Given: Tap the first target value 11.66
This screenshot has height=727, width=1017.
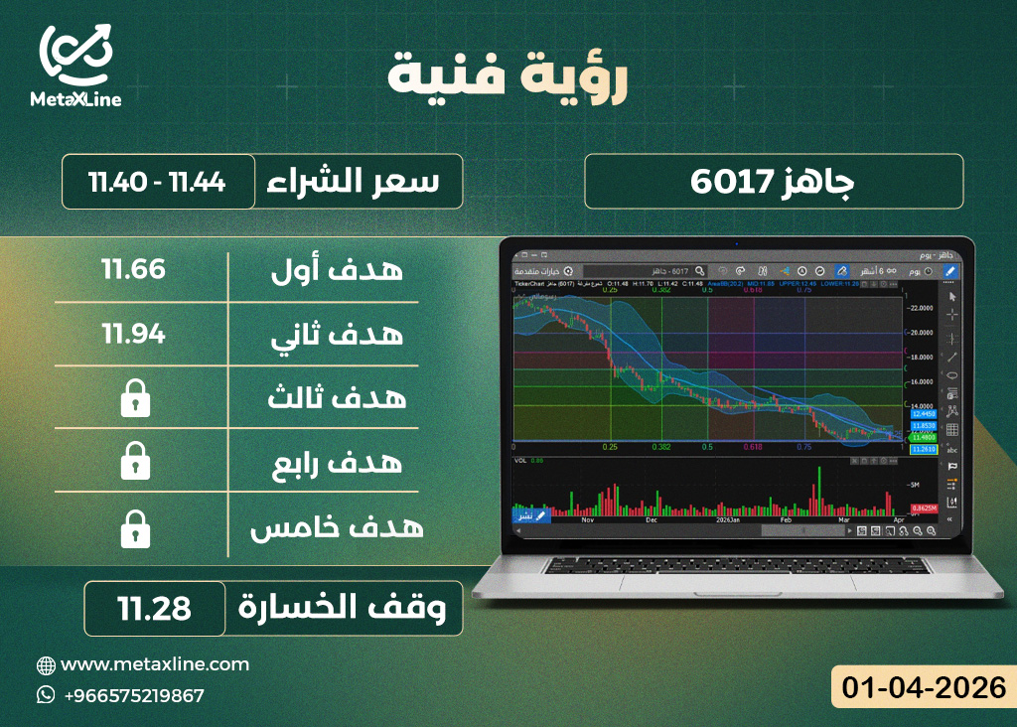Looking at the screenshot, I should pos(133,269).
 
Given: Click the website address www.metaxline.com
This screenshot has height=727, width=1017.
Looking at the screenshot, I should pos(155,664).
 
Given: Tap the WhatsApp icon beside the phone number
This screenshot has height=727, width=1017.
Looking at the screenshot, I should pos(46,695).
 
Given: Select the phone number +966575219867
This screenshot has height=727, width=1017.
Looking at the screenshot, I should pos(133,695).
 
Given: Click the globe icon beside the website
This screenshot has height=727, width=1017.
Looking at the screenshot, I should pos(46,665).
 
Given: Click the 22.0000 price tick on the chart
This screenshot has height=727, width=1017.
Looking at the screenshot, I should pos(923,308).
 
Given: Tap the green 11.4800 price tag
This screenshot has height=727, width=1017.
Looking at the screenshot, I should pos(924,437).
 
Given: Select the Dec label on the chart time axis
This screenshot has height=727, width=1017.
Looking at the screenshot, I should pos(652,519).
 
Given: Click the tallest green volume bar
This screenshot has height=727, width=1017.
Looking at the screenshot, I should pos(817,490).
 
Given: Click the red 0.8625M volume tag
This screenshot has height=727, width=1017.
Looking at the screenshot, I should pos(925,509).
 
